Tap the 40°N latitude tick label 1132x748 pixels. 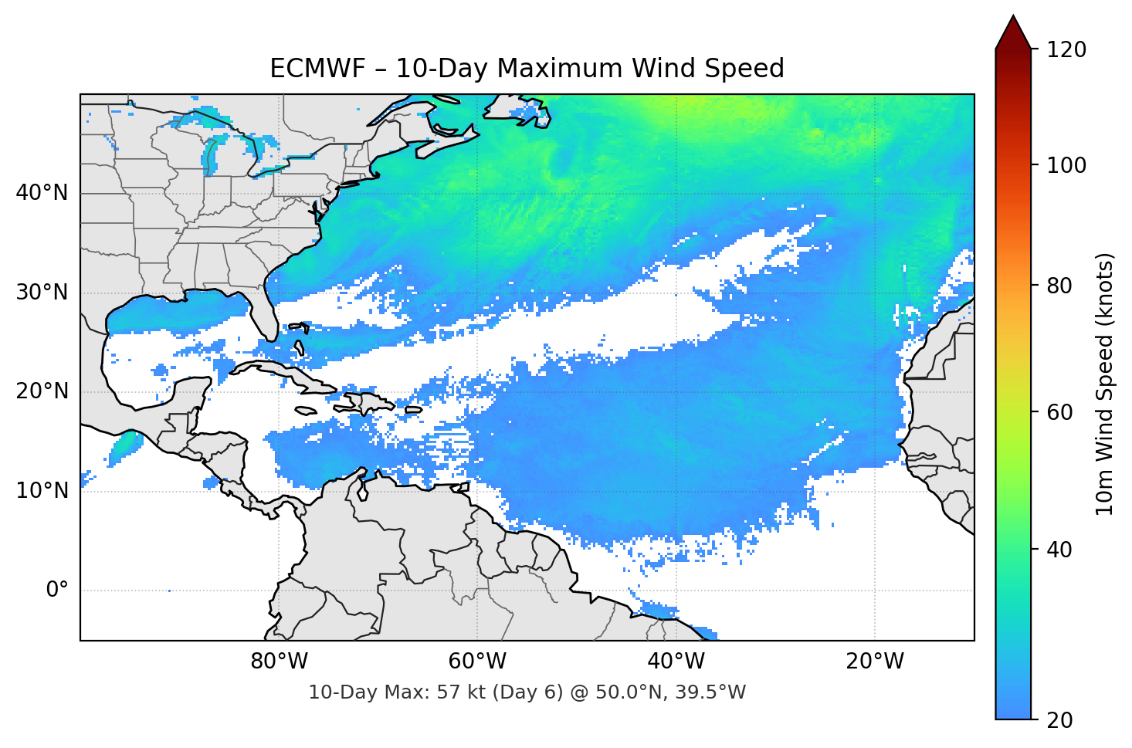42,193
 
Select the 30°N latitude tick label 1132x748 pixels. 42,293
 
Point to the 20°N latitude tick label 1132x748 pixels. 42,391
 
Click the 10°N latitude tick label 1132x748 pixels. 42,491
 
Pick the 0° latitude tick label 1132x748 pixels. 56,591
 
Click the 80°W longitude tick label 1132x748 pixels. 280,662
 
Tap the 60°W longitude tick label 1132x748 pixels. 477,662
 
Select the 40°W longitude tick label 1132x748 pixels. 676,662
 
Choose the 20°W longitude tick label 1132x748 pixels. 874,662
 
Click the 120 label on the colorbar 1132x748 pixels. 1066,50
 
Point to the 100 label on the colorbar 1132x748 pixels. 1066,165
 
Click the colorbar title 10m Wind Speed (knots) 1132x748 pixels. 1105,384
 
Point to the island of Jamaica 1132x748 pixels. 306,411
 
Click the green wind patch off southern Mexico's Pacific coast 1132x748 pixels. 125,446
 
